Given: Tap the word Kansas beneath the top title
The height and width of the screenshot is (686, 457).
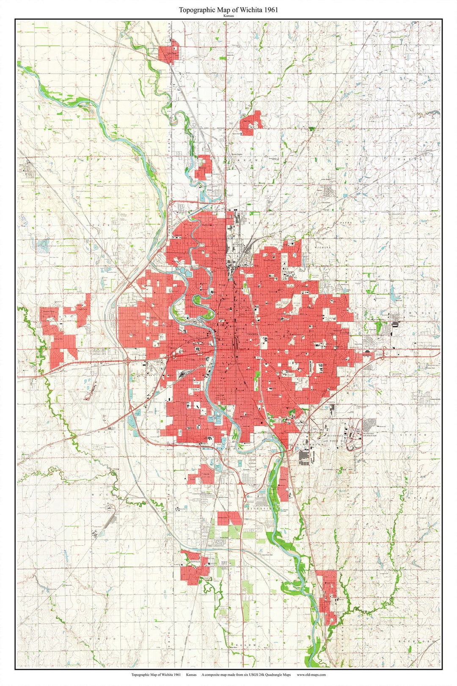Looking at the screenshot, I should (x=228, y=16).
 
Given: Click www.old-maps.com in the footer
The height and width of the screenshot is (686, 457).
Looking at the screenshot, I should (x=311, y=675).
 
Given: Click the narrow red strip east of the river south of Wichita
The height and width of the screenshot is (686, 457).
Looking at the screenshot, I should (x=284, y=483).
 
